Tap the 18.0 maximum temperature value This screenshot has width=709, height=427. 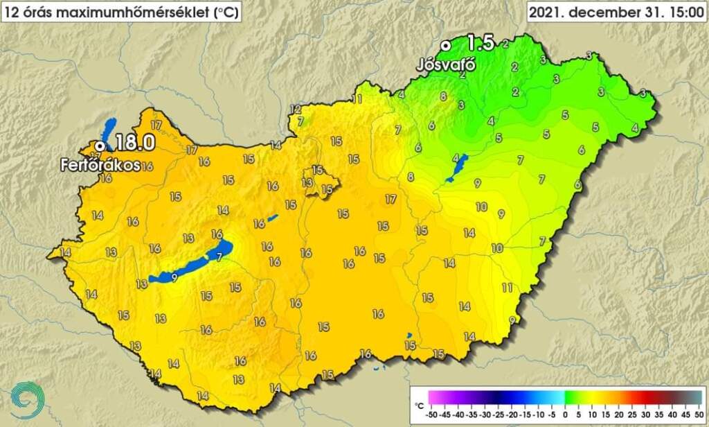[x=133, y=143]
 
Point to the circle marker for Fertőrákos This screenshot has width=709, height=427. [x=100, y=146]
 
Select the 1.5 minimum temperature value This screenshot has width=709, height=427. [x=480, y=43]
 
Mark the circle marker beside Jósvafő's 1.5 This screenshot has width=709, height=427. [x=447, y=44]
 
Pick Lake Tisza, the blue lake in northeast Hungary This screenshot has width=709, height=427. [x=458, y=168]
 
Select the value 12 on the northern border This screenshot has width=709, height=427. [x=296, y=109]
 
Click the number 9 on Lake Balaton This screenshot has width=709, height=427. [x=173, y=277]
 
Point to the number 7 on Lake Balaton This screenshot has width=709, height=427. [x=219, y=257]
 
